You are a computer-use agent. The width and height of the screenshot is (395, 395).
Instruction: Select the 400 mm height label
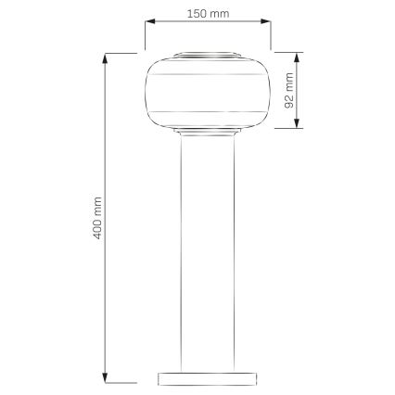pyautogui.click(x=98, y=218)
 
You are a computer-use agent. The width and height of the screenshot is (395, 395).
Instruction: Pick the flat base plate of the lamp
pyautogui.click(x=207, y=377)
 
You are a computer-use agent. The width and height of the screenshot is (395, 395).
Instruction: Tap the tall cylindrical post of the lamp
pyautogui.click(x=207, y=250)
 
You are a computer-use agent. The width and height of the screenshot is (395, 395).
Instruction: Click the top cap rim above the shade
pyautogui.click(x=207, y=55)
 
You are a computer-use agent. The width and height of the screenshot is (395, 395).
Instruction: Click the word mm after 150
pyautogui.click(x=221, y=15)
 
